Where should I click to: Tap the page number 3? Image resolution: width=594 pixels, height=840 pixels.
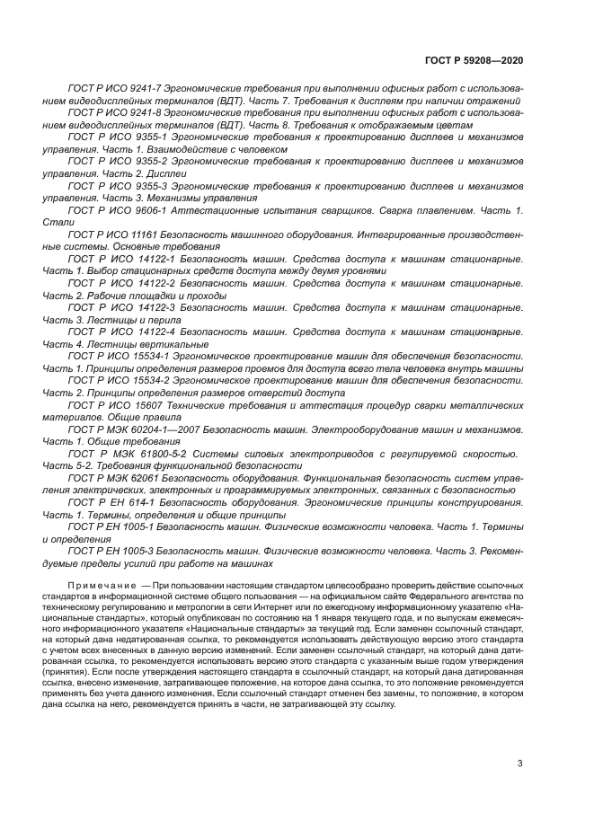coord(519,764)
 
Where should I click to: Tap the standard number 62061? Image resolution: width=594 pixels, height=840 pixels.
coord(136,478)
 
